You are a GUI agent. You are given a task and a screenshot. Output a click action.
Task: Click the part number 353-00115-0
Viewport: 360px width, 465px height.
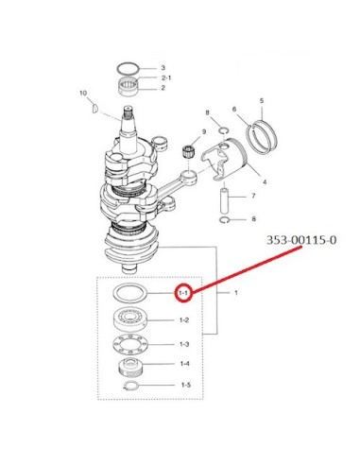click(301, 240)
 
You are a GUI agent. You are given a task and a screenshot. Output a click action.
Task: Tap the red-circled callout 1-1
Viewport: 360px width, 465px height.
click(183, 293)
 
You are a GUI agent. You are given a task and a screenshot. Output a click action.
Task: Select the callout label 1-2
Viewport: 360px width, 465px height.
click(184, 320)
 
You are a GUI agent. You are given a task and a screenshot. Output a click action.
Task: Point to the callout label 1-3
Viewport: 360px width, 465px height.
click(184, 344)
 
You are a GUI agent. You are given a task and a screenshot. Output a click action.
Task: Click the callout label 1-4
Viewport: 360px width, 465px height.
click(184, 364)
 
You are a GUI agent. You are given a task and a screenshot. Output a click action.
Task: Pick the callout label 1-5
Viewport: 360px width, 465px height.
click(186, 385)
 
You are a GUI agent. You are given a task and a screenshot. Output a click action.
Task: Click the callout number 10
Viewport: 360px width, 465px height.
click(83, 93)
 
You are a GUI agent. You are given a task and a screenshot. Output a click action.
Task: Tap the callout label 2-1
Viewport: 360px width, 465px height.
click(166, 77)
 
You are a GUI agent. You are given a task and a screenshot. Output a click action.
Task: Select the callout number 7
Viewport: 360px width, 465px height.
click(253, 196)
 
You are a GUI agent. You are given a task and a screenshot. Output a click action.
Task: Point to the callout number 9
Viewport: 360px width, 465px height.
click(204, 131)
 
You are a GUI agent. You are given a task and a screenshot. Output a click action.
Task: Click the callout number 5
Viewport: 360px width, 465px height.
click(262, 101)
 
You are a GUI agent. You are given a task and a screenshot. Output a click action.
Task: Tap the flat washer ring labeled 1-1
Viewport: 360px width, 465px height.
click(129, 294)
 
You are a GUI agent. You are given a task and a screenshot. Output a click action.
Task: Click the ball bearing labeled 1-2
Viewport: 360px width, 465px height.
click(129, 319)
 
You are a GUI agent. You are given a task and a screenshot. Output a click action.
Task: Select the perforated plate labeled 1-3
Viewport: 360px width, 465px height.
click(129, 344)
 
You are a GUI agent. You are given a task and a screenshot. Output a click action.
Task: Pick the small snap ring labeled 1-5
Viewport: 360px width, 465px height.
click(130, 386)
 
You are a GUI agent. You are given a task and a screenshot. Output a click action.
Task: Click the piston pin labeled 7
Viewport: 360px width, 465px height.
click(224, 200)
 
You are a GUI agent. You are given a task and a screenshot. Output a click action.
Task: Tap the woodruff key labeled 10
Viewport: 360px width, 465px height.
click(94, 108)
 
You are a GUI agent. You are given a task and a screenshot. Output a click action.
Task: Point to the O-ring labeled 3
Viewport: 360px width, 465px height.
click(129, 68)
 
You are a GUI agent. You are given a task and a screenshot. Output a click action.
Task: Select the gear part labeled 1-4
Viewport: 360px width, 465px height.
click(129, 368)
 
